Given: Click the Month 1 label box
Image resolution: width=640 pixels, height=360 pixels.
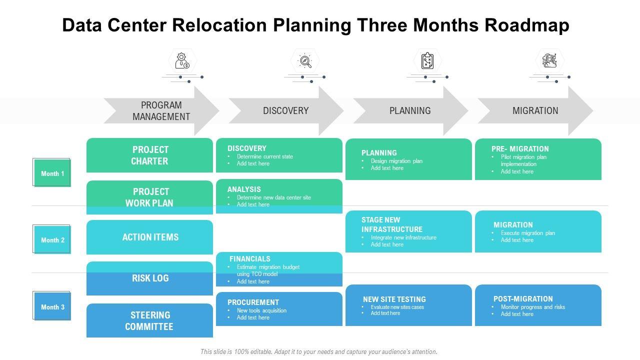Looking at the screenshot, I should (x=52, y=173).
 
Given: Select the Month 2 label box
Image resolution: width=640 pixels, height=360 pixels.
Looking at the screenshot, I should (x=52, y=239).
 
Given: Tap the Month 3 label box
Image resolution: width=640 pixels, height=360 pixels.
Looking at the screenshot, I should (x=52, y=306).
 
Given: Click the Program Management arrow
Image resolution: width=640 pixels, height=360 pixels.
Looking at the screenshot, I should (x=161, y=111).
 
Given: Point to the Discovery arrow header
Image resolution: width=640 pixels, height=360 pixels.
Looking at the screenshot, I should (x=285, y=111).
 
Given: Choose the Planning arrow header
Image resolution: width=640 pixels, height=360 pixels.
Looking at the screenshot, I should (x=410, y=111).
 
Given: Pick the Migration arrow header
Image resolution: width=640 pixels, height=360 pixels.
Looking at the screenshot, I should (x=535, y=111).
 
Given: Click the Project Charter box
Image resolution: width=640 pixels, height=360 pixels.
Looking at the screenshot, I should (x=149, y=155).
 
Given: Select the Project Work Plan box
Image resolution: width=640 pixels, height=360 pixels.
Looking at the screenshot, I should (x=149, y=197).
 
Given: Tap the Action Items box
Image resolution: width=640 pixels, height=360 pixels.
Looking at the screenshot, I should (x=150, y=237).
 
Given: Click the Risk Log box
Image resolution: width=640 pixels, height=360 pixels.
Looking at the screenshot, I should (x=150, y=278).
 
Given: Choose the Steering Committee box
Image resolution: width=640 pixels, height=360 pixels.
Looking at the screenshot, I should (x=149, y=320).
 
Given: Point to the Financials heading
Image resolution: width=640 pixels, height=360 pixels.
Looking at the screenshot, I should (x=250, y=259).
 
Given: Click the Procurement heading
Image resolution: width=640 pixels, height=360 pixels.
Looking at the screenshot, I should (x=253, y=302).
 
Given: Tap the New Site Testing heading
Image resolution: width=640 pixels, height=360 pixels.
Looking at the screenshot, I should (x=394, y=299).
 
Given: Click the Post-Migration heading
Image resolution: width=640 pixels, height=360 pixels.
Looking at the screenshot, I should (x=523, y=299).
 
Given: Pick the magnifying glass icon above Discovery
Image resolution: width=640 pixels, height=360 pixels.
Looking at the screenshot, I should (x=305, y=61).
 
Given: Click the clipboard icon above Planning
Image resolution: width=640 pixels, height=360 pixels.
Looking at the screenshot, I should (x=427, y=61).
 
